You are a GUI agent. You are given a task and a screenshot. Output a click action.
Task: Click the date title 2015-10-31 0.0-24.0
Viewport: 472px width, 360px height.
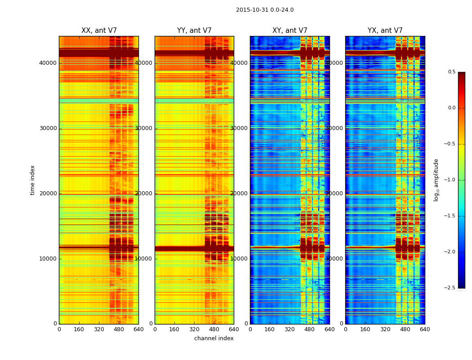(265, 10)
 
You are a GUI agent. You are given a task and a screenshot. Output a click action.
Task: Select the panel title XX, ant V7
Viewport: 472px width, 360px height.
(99, 31)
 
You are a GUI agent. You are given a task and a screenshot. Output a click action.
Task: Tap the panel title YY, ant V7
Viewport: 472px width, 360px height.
(194, 31)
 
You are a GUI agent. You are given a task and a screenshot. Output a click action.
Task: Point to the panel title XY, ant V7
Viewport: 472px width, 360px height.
(290, 31)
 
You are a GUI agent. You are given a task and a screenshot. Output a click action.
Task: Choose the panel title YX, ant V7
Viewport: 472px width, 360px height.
(385, 31)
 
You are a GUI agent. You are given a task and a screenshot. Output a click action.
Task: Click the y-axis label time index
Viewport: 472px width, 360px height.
(33, 180)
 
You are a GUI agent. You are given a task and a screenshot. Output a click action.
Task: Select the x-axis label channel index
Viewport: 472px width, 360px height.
(214, 338)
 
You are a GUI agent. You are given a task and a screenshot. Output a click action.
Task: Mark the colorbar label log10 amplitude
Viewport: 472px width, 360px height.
(436, 180)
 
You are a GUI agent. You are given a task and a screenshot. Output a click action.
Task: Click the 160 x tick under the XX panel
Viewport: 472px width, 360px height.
(79, 329)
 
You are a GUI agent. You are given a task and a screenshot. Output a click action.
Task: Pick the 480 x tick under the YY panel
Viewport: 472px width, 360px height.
(214, 329)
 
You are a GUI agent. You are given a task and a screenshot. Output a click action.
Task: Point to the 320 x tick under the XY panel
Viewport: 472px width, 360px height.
(290, 329)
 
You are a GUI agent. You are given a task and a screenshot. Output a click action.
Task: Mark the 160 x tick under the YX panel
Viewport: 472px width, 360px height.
(365, 329)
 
